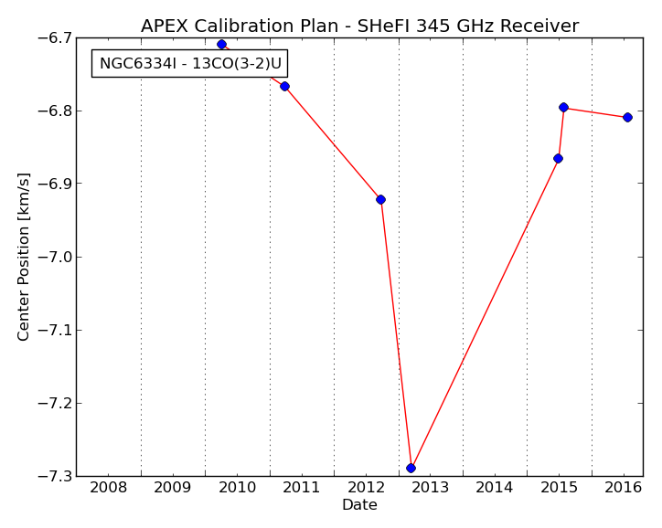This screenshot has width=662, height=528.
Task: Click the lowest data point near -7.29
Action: (411, 468)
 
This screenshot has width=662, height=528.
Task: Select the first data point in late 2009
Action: (221, 44)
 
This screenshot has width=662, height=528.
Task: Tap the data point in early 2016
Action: (628, 117)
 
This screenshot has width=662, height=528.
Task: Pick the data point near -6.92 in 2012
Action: (380, 199)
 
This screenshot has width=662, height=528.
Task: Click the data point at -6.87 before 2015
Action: (558, 159)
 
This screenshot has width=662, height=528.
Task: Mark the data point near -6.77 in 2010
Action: (284, 87)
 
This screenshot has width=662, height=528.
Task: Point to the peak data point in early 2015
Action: (563, 107)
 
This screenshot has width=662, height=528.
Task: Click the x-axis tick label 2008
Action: (109, 488)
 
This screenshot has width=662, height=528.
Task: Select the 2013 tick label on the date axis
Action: (431, 488)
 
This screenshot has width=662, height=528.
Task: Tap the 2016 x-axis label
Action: (624, 488)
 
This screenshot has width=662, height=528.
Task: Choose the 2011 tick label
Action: (302, 488)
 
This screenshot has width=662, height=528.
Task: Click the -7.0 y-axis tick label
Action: (54, 257)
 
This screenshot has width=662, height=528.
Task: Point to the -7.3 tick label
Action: (54, 476)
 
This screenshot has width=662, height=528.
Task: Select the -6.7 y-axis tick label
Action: (54, 38)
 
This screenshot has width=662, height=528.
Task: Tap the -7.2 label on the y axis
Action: (54, 403)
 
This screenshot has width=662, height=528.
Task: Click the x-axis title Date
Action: (359, 505)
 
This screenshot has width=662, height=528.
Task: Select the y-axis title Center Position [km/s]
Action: (24, 257)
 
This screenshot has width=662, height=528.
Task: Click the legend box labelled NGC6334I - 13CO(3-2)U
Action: (190, 64)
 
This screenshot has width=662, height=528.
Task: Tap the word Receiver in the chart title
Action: (539, 26)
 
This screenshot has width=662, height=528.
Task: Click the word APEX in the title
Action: (165, 26)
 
